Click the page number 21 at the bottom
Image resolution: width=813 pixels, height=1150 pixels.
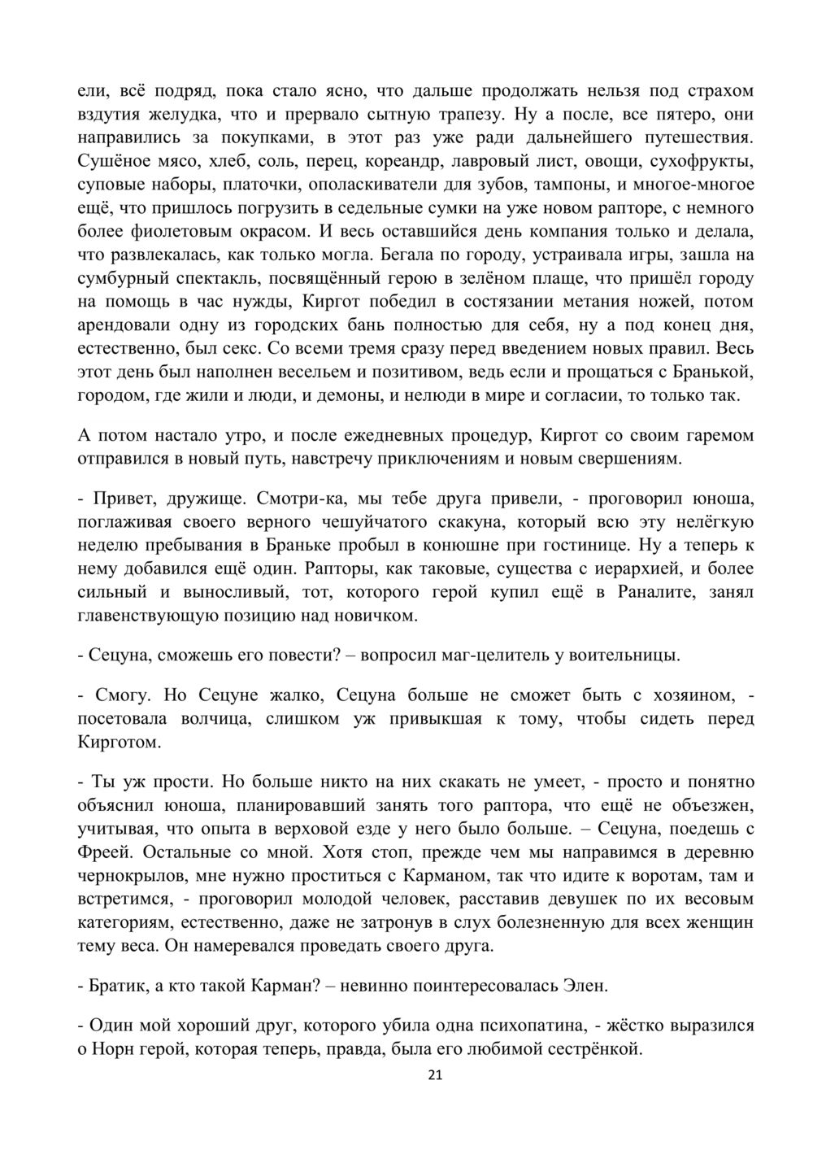click(434, 1076)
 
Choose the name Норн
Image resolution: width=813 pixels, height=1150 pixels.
click(111, 1049)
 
